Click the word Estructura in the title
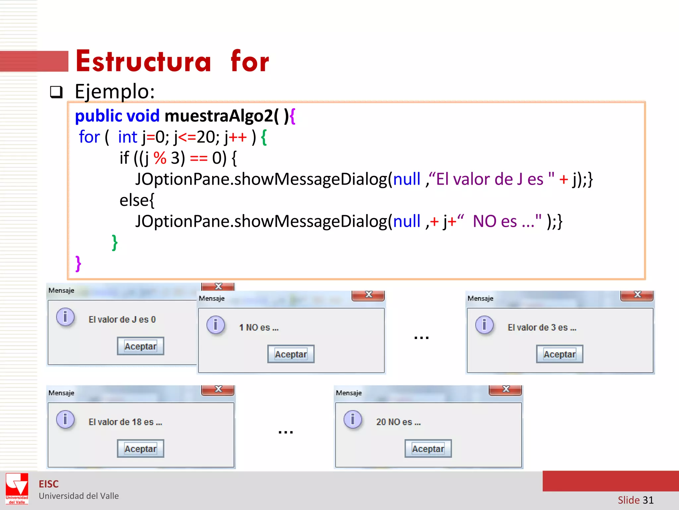click(x=143, y=61)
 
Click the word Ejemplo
click(x=114, y=91)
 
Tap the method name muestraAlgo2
click(x=219, y=116)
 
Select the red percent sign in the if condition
click(x=160, y=158)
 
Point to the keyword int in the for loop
click(x=127, y=137)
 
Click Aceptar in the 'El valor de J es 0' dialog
click(x=140, y=346)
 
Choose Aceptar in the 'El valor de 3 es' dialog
click(x=559, y=354)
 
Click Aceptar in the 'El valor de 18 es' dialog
click(x=140, y=449)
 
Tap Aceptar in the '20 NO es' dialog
click(x=428, y=449)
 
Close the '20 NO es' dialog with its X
click(x=506, y=389)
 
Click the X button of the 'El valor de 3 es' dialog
click(x=637, y=295)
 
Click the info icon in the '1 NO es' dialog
click(x=216, y=325)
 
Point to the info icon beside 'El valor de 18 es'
click(x=65, y=419)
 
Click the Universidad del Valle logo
click(x=17, y=488)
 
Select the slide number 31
click(x=648, y=500)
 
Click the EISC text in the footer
click(x=49, y=484)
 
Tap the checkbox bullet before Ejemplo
click(x=56, y=92)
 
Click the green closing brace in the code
click(x=114, y=242)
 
